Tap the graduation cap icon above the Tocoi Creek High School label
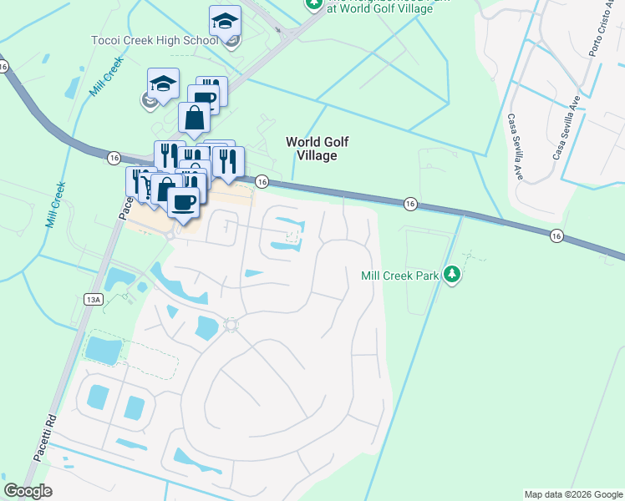pyautogui.click(x=225, y=21)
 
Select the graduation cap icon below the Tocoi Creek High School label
pyautogui.click(x=164, y=83)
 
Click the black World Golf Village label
pyautogui.click(x=312, y=149)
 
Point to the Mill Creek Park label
pyautogui.click(x=399, y=276)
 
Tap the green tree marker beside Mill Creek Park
pyautogui.click(x=452, y=273)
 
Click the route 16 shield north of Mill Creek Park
pyautogui.click(x=409, y=203)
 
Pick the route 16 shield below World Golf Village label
pyautogui.click(x=262, y=181)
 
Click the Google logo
pyautogui.click(x=28, y=490)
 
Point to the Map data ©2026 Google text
pyautogui.click(x=572, y=494)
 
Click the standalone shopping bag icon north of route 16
pyautogui.click(x=194, y=118)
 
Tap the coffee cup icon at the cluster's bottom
pyautogui.click(x=183, y=202)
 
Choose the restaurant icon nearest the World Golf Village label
pyautogui.click(x=226, y=161)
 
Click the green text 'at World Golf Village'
pyautogui.click(x=380, y=8)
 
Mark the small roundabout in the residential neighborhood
pyautogui.click(x=231, y=324)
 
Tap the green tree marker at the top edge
pyautogui.click(x=313, y=4)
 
